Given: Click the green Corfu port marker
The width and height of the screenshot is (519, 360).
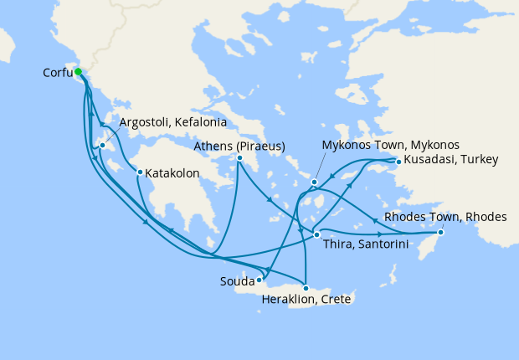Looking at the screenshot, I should coord(78,73).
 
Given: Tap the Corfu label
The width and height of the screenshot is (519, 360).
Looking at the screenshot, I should coord(57,73).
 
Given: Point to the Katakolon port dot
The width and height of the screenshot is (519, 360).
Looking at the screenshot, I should coord(140,173).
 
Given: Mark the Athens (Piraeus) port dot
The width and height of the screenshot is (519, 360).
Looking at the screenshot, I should coord(239,157).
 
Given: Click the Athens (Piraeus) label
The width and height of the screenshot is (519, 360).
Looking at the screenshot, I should coord(239,147).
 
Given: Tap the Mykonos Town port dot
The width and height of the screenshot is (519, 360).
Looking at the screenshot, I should coord(314,182).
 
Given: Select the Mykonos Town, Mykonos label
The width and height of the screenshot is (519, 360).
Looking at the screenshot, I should coord(390,145).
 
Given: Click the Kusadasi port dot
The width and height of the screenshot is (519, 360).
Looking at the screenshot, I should coord(398,162).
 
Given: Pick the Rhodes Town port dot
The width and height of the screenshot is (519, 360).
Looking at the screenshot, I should coord(442,232).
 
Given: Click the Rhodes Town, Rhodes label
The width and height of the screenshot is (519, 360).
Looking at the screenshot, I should coord(445,218).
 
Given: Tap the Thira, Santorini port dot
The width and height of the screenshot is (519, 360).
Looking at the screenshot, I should coord(316,235).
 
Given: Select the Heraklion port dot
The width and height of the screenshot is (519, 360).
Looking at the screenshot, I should coord(306,288).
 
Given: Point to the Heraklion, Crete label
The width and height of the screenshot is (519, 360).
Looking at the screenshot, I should coord(306,299).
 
